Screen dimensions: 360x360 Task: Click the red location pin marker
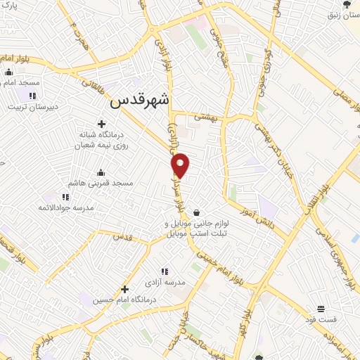(x=181, y=165)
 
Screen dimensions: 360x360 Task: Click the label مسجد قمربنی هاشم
(x=101, y=183)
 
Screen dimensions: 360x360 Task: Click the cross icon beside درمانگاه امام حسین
(x=124, y=288)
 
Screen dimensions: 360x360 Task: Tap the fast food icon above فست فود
(x=321, y=309)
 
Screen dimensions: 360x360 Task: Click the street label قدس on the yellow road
(x=123, y=237)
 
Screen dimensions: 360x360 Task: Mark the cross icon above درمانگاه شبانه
(x=104, y=124)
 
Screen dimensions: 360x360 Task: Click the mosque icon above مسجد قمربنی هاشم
(x=101, y=172)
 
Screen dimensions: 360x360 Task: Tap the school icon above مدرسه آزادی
(x=165, y=271)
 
